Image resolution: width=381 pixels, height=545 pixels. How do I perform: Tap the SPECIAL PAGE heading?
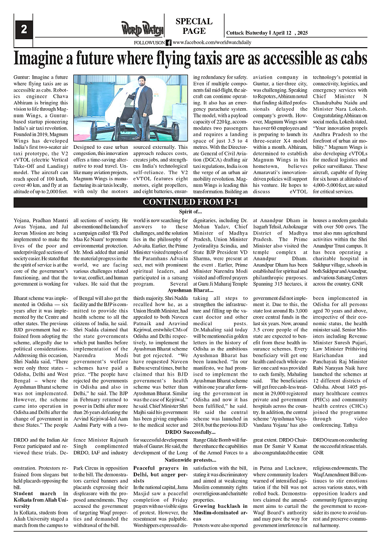click(194, 26)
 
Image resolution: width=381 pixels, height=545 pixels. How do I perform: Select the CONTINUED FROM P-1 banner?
click(190, 202)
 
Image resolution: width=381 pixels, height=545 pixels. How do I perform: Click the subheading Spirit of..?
click(190, 211)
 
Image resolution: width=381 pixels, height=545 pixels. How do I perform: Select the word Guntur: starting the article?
click(22, 77)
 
